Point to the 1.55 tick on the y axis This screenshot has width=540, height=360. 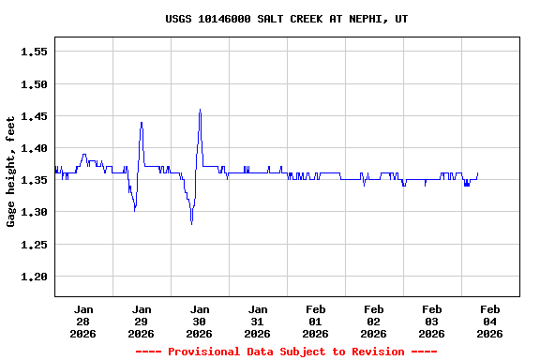tap(34, 52)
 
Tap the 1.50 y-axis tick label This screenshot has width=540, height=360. tap(34, 84)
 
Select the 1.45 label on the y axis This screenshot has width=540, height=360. tap(34, 116)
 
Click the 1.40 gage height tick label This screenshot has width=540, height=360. tap(34, 148)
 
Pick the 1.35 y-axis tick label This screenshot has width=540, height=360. tap(34, 180)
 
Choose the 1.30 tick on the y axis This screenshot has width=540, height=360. tap(34, 213)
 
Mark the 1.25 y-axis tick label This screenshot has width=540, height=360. tap(34, 245)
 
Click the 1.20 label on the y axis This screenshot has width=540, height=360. tap(34, 277)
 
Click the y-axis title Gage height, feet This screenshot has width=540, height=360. tap(11, 172)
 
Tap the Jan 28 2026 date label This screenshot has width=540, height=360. tap(83, 321)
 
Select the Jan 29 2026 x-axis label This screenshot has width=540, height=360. tap(142, 321)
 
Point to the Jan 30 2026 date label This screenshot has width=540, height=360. tap(200, 321)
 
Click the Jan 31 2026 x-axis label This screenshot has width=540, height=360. tap(258, 321)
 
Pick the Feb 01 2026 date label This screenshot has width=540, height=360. tap(316, 321)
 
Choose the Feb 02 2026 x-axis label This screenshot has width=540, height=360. tap(374, 321)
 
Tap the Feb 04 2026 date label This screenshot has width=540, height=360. tap(489, 321)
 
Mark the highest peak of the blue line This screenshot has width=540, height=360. tap(200, 110)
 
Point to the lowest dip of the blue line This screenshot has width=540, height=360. tap(191, 224)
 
